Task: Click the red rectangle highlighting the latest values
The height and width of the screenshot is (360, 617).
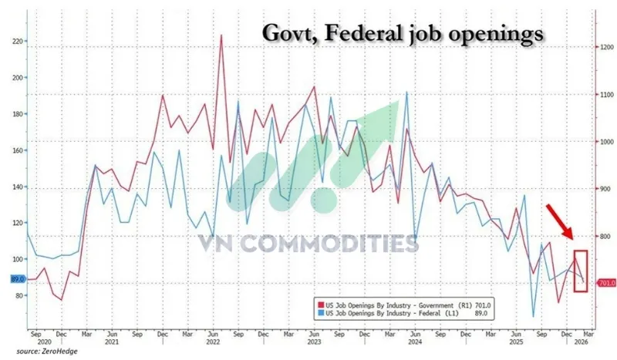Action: click(581, 270)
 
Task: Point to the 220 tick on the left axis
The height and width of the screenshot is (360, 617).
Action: click(15, 41)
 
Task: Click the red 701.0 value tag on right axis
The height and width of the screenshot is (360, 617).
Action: click(605, 283)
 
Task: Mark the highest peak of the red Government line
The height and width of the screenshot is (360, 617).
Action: click(221, 35)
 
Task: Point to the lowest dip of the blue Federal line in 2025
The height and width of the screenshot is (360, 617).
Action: click(533, 316)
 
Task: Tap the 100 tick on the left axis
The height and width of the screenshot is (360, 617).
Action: click(15, 260)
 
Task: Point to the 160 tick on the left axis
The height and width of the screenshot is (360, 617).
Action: click(15, 150)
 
